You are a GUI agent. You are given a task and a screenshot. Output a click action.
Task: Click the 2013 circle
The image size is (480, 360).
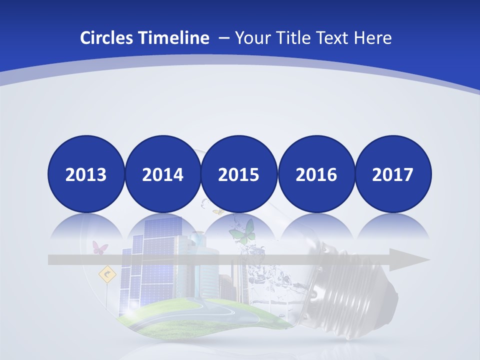(x=86, y=174)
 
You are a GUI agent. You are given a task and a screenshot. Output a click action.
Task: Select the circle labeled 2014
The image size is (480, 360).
(x=163, y=174)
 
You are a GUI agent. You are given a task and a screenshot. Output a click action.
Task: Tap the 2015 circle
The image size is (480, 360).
(x=239, y=174)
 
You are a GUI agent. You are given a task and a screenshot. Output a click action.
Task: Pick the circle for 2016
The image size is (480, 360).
(x=316, y=174)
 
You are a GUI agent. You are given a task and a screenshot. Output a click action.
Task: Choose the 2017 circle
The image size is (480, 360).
(x=393, y=174)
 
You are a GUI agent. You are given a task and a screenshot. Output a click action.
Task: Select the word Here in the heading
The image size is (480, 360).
(x=373, y=38)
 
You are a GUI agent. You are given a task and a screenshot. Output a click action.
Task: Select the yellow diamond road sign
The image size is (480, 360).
(x=106, y=273)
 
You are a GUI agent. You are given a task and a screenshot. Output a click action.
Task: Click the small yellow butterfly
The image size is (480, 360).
(x=218, y=212)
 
